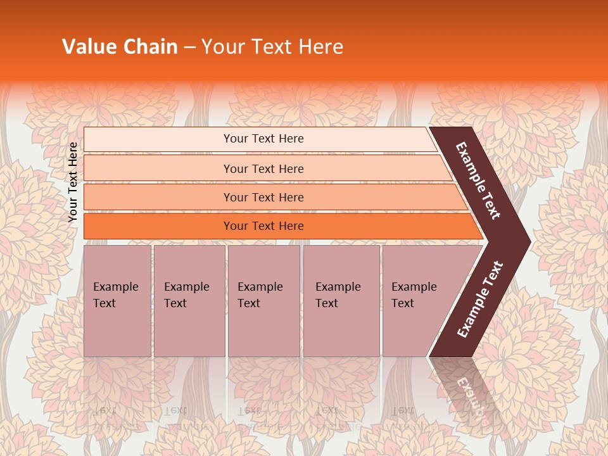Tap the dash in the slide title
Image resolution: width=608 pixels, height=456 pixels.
(x=189, y=47)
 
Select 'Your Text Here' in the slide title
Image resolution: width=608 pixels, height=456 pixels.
(x=272, y=47)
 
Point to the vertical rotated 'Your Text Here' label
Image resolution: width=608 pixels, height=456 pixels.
(x=73, y=182)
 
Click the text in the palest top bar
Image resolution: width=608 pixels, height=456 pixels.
(x=263, y=139)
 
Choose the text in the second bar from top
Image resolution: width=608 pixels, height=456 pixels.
(x=263, y=169)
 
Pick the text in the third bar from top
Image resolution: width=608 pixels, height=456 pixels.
(x=263, y=198)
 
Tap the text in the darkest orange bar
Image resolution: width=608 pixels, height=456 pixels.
(x=263, y=226)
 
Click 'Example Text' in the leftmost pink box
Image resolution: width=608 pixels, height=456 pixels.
(x=115, y=295)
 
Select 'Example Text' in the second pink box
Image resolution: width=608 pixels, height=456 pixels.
(x=186, y=295)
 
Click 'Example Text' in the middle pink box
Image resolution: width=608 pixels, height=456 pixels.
(x=260, y=295)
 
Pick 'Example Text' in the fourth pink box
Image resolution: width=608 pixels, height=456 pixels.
(x=338, y=295)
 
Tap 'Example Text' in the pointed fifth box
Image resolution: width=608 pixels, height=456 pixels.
(x=414, y=295)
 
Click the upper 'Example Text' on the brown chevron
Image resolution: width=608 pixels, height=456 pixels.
(x=478, y=180)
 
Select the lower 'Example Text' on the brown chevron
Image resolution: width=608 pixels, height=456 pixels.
(x=480, y=299)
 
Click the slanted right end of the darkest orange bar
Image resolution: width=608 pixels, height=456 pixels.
(x=476, y=227)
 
